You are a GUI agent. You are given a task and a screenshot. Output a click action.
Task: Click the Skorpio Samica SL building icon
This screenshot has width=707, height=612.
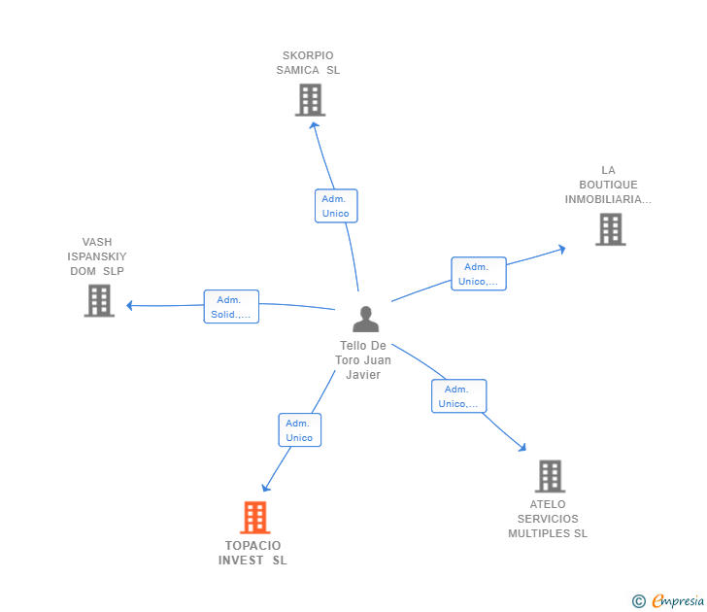310,100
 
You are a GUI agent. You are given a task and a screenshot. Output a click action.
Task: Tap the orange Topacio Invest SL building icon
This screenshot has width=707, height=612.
254,518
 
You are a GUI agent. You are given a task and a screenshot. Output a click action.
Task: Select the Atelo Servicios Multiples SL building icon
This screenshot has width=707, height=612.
550,476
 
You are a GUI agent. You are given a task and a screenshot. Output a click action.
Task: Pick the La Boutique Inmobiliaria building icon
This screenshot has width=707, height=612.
610,229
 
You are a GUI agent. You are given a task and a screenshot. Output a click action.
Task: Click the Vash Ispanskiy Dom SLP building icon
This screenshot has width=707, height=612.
99,300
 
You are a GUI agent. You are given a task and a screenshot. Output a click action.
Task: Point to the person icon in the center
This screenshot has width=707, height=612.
365,320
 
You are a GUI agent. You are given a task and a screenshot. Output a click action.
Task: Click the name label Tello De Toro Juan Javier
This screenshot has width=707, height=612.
363,360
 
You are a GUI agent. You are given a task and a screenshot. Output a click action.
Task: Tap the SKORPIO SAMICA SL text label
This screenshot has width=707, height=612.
308,63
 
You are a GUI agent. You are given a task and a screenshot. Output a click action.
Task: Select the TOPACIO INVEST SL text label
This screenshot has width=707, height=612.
252,553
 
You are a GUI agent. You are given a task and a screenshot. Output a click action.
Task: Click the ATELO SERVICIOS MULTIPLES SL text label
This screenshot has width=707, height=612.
548,519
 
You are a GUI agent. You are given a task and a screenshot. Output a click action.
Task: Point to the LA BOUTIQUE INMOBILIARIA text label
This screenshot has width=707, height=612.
608,185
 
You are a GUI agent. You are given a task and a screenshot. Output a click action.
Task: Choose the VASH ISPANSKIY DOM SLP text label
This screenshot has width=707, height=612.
97,256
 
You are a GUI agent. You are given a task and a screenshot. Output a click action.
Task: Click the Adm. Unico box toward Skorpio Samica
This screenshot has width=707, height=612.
336,206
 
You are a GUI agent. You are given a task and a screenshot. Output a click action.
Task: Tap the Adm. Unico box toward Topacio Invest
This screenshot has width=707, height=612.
299,430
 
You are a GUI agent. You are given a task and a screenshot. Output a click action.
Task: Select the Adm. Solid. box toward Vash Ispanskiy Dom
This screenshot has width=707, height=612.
231,307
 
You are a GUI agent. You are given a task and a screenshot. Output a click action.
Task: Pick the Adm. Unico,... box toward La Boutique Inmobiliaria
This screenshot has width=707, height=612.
478,274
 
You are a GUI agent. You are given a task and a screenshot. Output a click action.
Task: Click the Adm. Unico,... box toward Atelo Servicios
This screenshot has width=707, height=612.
458,396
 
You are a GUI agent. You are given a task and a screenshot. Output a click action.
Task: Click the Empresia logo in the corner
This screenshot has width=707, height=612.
677,601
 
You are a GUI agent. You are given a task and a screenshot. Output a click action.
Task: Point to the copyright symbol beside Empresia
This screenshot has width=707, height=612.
638,601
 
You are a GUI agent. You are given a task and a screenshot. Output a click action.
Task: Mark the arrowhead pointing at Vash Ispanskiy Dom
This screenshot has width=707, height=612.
130,305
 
